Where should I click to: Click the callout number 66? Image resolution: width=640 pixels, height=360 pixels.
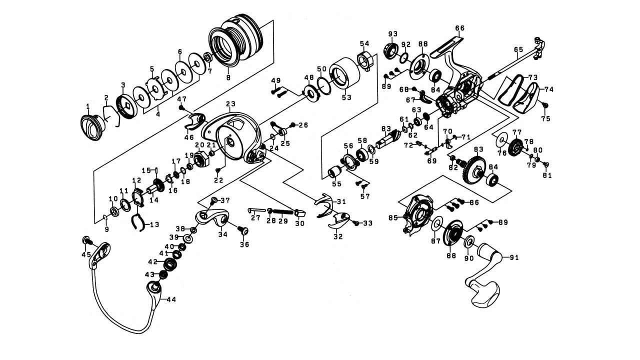pos(459,28)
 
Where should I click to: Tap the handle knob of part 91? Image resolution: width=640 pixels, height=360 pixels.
pos(485,294)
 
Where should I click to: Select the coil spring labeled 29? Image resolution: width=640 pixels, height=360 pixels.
pos(283,212)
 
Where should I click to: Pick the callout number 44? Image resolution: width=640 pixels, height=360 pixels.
pos(171,299)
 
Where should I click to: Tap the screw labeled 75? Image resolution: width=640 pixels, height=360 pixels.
pos(544,105)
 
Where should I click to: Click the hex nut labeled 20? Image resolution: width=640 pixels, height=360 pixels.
pos(201,161)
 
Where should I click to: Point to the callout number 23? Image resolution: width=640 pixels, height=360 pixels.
pos(230,103)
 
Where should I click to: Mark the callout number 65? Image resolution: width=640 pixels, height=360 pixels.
pos(518,49)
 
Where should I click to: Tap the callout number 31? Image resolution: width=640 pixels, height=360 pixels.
pos(341,201)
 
